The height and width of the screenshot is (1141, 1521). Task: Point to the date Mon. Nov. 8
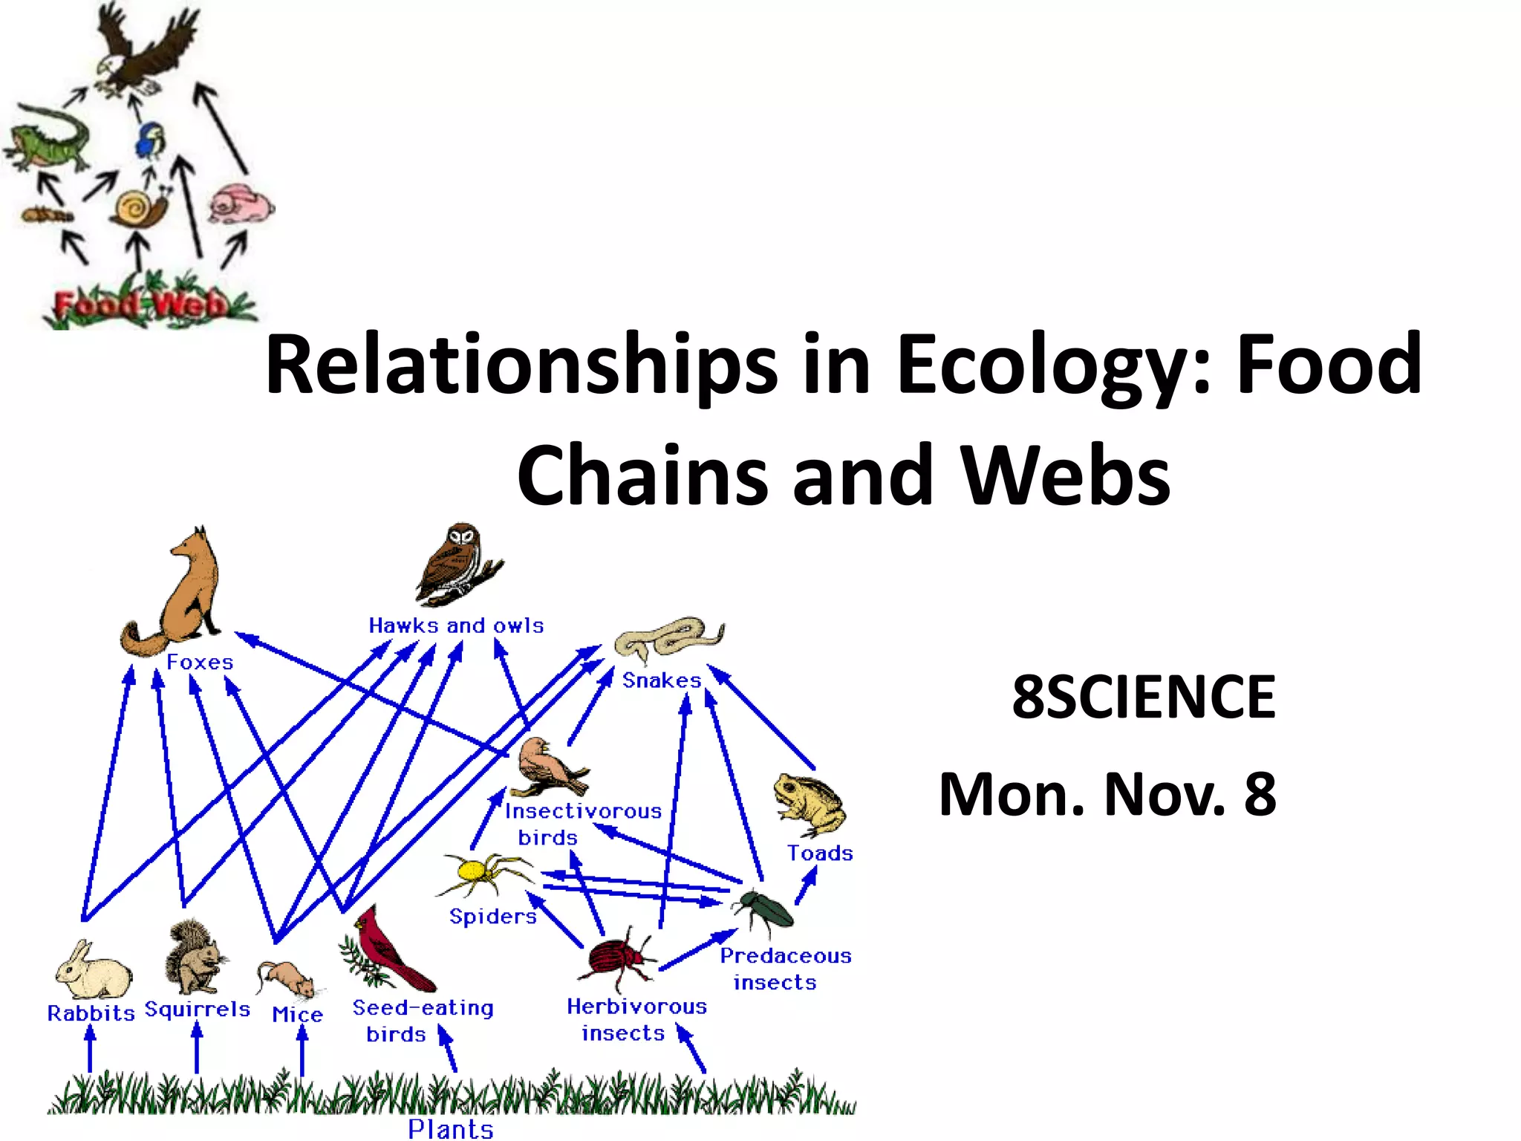(x=1107, y=794)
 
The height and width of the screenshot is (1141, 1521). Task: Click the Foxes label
(x=199, y=662)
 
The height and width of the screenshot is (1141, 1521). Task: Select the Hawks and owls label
(x=456, y=625)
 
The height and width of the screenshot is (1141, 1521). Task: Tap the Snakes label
(x=661, y=680)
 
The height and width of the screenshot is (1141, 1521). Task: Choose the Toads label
(x=820, y=853)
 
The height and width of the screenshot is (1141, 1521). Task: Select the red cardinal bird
(x=386, y=951)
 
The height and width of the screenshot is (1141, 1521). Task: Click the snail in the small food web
(x=140, y=208)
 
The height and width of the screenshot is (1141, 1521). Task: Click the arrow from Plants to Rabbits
(x=90, y=1049)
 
